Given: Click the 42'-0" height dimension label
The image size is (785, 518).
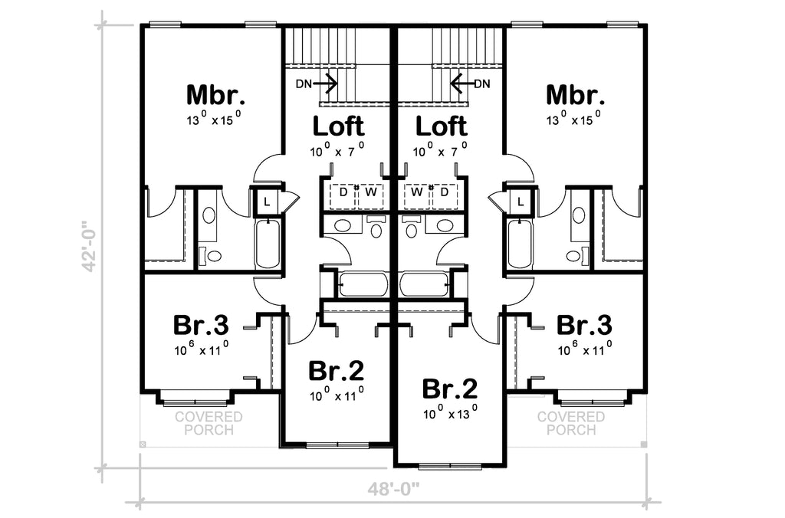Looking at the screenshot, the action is click(90, 246).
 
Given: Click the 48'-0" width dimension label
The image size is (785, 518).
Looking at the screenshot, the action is click(393, 488).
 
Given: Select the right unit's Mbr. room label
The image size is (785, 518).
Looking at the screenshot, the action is click(575, 94).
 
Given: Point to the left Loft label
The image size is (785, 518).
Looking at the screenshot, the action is click(338, 126).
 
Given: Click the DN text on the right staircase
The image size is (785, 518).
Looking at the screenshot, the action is click(482, 84).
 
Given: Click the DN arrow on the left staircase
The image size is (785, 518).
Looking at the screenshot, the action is click(324, 84).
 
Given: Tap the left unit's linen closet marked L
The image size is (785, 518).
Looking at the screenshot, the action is click(267, 202).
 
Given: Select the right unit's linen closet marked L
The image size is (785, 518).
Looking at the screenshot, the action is click(521, 202).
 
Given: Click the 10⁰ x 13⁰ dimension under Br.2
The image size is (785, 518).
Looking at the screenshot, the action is click(450, 412).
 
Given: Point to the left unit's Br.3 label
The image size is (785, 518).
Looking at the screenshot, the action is click(202, 326).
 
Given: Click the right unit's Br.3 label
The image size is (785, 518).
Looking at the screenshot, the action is click(584, 326).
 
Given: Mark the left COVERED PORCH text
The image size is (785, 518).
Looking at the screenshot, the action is click(209, 424).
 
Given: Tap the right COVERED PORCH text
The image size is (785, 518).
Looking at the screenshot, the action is click(571, 424).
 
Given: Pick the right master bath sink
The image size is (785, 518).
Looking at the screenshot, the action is click(579, 216).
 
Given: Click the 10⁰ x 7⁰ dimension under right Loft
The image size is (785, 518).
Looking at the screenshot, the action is click(441, 149).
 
